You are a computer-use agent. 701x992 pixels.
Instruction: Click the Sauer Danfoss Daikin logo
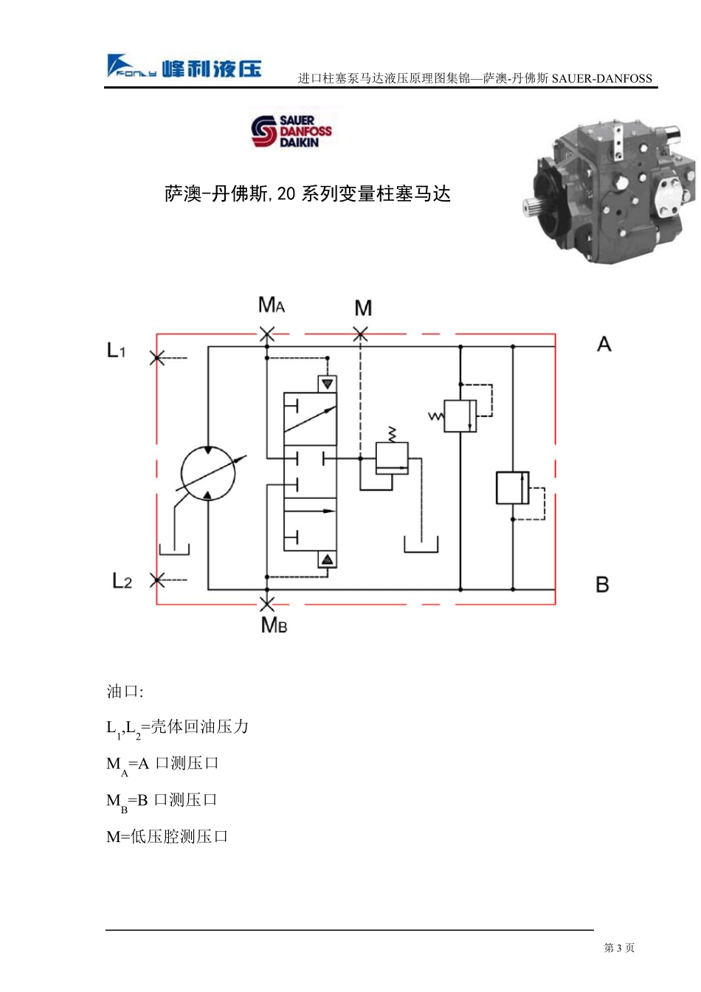(x=291, y=131)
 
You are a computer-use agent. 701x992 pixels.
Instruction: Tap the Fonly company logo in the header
(x=184, y=66)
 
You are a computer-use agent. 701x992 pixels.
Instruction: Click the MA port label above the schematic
(x=271, y=305)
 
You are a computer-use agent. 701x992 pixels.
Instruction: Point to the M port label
(x=363, y=308)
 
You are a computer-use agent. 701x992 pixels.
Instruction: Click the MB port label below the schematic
(x=274, y=625)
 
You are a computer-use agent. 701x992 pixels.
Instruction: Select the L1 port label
(x=116, y=350)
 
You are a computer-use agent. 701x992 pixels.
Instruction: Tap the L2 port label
(x=122, y=580)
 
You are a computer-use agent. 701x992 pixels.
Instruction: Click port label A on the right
(x=604, y=344)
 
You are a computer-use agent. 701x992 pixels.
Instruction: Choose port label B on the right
(x=602, y=584)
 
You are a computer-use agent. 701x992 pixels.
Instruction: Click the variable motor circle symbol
(x=208, y=473)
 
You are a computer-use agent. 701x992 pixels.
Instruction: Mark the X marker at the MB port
(x=266, y=603)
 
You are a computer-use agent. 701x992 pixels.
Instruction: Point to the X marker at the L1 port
(x=156, y=357)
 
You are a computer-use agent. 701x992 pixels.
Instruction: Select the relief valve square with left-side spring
(x=460, y=416)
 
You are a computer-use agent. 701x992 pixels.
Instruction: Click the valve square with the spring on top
(x=392, y=458)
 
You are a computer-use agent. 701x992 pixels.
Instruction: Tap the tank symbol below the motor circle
(x=174, y=549)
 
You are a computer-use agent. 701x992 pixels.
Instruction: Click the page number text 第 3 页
(x=618, y=947)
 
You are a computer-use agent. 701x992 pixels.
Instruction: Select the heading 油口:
(x=125, y=691)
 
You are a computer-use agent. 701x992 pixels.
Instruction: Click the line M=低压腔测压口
(x=167, y=836)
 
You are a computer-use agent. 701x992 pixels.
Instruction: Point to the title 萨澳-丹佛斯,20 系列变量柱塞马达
(x=307, y=193)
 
